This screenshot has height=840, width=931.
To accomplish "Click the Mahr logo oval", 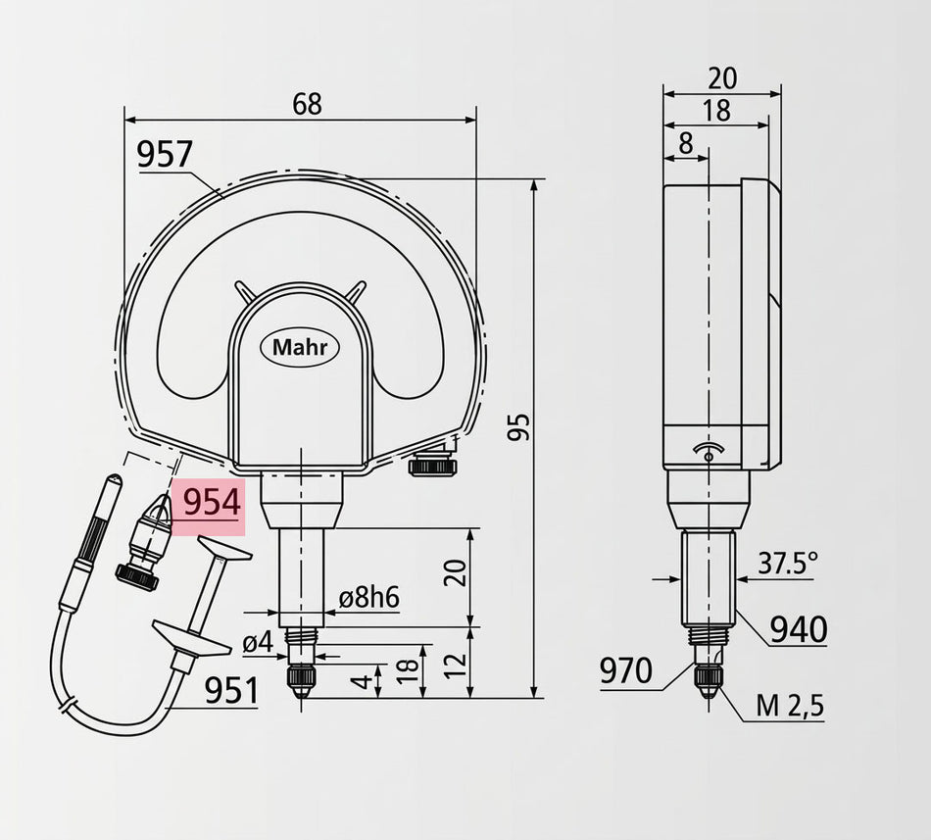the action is pos(300,347).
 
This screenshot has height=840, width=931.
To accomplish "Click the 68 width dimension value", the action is pos(307,105).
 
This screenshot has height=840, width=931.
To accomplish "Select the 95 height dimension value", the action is pos(519,426).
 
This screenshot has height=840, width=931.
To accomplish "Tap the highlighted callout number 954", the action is pos(212,503).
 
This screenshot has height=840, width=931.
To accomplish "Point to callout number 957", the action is pos(165,155).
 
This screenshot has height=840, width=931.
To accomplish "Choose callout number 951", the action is pos(231,691).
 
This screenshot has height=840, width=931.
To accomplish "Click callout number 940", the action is pos(799,630).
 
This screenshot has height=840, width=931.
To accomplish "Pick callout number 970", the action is pos(626,671).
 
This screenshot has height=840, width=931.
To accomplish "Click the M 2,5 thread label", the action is pos(790,706).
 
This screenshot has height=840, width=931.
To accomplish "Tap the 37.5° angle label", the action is pos(787,564).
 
